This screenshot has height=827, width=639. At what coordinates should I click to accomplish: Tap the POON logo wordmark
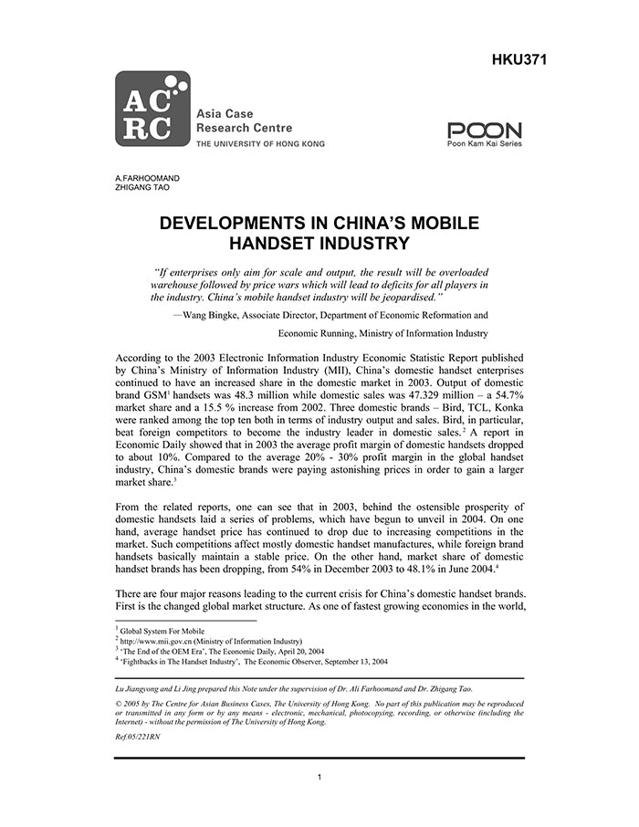tap(485, 131)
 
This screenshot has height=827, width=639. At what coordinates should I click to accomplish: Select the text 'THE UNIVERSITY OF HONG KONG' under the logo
tap(260, 144)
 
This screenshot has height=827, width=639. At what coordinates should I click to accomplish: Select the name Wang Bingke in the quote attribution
tap(215, 314)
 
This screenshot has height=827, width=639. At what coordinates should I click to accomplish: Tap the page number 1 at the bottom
tap(319, 778)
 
